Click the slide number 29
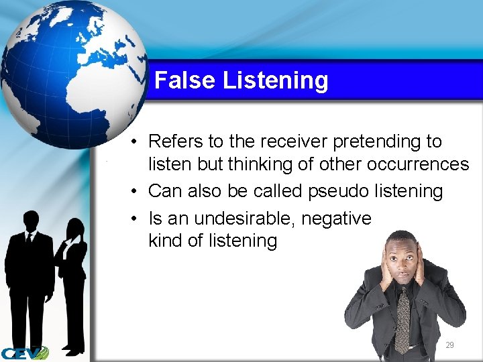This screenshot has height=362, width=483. tap(449, 345)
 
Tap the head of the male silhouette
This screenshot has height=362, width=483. tap(31, 221)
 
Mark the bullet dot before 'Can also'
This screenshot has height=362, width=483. tap(135, 192)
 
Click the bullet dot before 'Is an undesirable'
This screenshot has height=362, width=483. tap(135, 219)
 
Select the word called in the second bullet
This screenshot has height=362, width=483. tap(278, 191)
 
